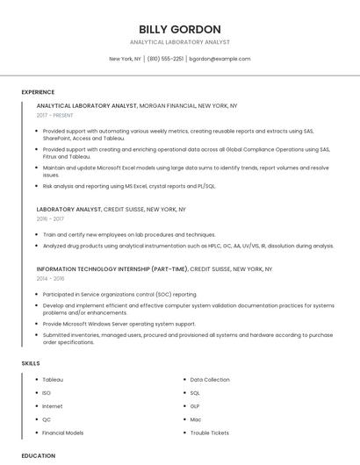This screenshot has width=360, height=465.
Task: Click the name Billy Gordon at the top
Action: point(180,29)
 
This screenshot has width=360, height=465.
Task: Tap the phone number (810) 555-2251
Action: point(165,59)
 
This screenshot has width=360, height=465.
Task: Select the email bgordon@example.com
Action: point(220,59)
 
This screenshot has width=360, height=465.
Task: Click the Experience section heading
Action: point(38,92)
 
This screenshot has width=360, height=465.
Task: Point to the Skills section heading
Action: point(30,362)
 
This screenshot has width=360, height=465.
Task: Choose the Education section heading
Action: point(38,455)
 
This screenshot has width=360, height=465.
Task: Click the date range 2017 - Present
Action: point(55,115)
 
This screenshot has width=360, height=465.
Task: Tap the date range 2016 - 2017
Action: point(50,219)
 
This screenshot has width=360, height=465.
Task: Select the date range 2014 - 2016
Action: point(50,278)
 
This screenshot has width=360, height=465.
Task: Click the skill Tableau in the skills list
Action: point(53,379)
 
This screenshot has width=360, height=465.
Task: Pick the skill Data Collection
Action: point(210,379)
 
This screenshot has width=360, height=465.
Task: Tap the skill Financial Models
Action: point(63,433)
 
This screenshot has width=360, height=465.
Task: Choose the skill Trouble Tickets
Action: point(210,433)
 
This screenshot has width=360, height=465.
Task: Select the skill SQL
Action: point(195,392)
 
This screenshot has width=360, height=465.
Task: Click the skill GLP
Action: point(195,406)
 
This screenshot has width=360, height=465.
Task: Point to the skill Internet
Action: point(53,406)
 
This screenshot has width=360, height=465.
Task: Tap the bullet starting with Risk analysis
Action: point(129,186)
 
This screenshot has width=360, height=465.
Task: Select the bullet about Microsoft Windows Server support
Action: point(119,323)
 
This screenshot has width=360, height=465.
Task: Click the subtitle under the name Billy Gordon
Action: point(180,42)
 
